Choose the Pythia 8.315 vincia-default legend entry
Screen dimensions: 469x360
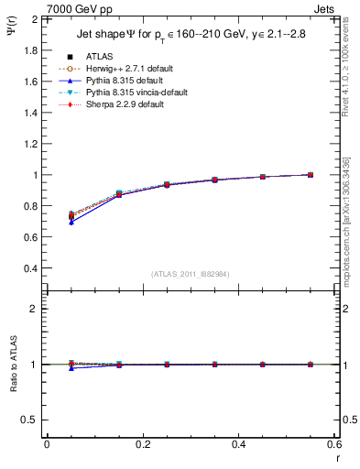133,93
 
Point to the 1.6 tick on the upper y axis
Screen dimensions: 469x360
30,82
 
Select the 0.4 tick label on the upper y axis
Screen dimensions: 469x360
30,268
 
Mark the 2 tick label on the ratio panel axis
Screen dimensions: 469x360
34,309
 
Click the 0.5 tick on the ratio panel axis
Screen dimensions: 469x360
30,420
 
